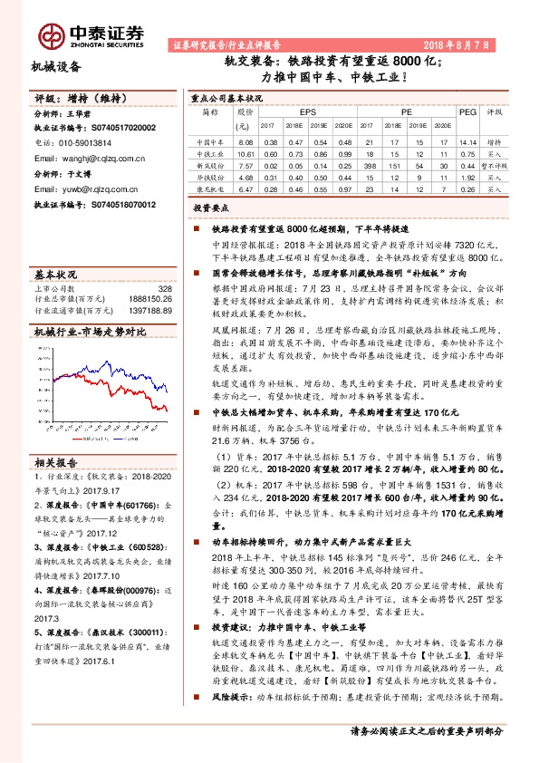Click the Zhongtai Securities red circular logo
(52, 35)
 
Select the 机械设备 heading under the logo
(56, 66)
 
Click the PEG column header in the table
(467, 112)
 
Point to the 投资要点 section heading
(210, 208)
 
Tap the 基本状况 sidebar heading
(54, 273)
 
